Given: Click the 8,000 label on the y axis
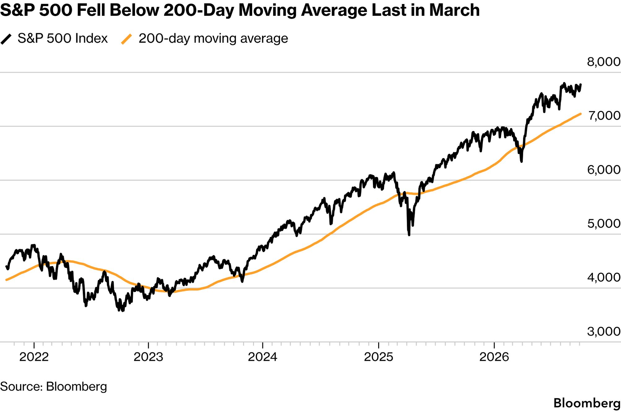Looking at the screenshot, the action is (x=604, y=62).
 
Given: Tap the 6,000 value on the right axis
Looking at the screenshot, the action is (x=604, y=170).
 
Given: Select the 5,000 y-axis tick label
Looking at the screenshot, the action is (x=604, y=224).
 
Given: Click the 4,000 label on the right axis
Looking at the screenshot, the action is (x=604, y=277).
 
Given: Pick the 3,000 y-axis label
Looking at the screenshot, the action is (x=604, y=331).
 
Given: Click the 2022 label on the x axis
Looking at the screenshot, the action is (x=34, y=357).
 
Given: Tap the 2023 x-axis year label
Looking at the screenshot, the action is (x=148, y=357).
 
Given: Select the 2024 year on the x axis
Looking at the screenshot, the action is (x=263, y=357).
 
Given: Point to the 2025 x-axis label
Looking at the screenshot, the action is (x=378, y=357).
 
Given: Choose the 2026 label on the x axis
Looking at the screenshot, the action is (x=494, y=357).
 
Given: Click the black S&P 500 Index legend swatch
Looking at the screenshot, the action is (x=6, y=39).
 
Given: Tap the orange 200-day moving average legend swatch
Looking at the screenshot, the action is (x=126, y=39).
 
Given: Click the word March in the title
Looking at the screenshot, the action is (x=454, y=10).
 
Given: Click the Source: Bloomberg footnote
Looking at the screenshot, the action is (x=54, y=387).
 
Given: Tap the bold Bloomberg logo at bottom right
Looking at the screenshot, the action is (x=587, y=403).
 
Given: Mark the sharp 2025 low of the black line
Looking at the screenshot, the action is (x=409, y=235).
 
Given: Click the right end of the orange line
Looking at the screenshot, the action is (x=580, y=114).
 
